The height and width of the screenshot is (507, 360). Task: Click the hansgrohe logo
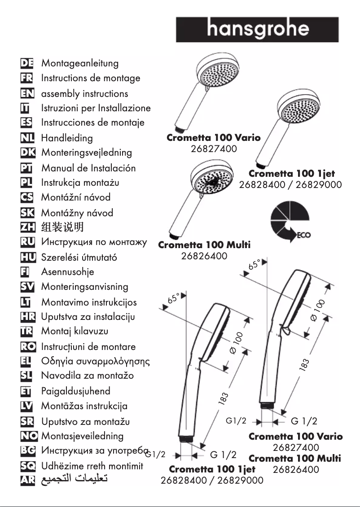[257, 29]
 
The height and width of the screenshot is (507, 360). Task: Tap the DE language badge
[27, 63]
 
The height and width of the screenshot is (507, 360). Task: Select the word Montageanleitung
[80, 63]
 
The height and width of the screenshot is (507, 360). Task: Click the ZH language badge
[27, 227]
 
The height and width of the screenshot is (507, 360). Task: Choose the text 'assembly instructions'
[84, 94]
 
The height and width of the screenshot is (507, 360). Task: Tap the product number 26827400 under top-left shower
[214, 149]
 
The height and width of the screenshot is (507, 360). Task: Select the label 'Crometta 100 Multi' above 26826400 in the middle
[204, 245]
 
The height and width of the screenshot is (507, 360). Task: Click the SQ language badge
[27, 466]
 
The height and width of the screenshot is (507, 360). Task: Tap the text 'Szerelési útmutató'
[79, 258]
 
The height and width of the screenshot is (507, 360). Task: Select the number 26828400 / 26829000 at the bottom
[212, 481]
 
